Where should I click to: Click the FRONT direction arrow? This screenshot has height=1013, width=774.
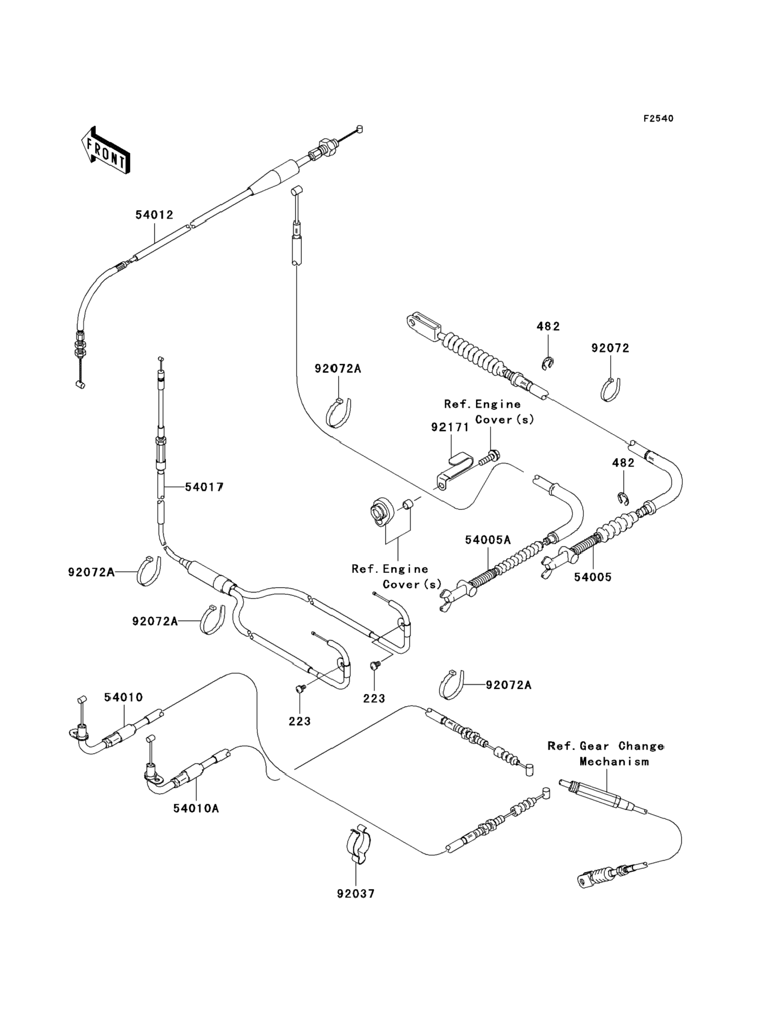click(x=105, y=150)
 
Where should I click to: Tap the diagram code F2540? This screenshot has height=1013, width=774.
click(x=658, y=119)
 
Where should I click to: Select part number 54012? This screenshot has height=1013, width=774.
click(x=154, y=215)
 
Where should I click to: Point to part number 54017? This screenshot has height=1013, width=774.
click(x=204, y=487)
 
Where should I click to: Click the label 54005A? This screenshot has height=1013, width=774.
click(x=488, y=540)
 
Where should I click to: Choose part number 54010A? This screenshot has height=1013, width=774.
click(x=196, y=808)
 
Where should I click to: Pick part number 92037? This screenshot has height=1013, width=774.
click(x=356, y=894)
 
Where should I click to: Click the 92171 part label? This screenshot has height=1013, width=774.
click(x=450, y=427)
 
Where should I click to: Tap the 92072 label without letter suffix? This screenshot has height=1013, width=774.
click(x=610, y=348)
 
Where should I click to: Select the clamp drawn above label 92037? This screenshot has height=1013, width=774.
click(x=358, y=845)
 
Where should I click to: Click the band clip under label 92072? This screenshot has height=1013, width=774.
click(x=611, y=389)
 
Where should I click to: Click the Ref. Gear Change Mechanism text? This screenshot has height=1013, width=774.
click(x=606, y=754)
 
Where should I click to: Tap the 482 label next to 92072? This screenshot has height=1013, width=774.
click(x=548, y=326)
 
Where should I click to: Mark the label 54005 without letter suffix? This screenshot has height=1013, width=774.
click(x=593, y=577)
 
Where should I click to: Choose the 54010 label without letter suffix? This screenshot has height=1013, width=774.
click(x=123, y=698)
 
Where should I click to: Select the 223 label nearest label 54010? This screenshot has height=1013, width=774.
click(x=299, y=721)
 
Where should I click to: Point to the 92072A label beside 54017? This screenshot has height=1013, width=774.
click(x=91, y=573)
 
